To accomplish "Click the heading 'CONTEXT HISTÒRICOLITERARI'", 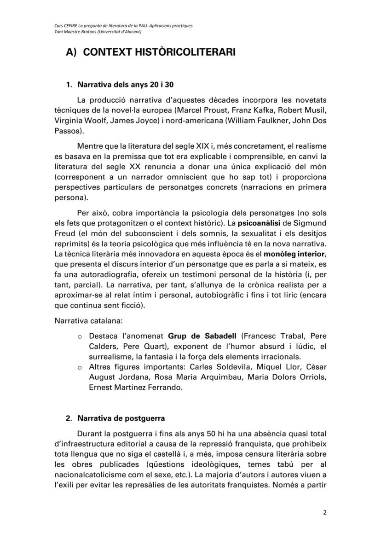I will (x=159, y=52).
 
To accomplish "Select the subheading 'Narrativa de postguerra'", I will (x=121, y=418).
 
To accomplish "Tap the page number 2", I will (x=324, y=513).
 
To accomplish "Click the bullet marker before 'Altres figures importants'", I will (x=80, y=367).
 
